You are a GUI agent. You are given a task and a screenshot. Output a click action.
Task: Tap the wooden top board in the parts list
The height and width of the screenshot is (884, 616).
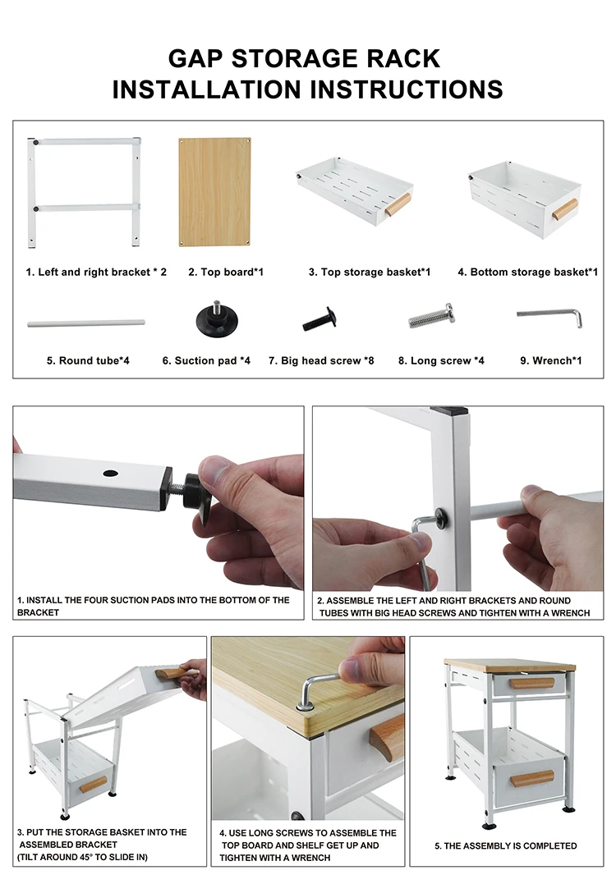pos(215,192)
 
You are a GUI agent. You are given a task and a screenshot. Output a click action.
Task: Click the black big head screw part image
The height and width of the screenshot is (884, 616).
pos(319,319)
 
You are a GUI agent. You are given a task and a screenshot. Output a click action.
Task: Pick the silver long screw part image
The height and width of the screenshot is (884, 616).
pos(431,316)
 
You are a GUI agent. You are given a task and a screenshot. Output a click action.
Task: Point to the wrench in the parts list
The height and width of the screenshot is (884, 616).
pos(550,316)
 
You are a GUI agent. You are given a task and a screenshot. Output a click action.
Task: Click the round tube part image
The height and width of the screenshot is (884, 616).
pos(85,323)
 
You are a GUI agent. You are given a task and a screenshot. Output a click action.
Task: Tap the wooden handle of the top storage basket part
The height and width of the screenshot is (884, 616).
pos(398,204)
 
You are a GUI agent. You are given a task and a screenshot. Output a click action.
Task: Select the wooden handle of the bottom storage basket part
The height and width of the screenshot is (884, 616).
pos(565,210)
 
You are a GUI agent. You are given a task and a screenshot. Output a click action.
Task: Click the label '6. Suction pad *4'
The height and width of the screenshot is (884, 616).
pos(206,361)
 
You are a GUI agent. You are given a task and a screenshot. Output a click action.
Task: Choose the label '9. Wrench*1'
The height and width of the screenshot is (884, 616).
pos(550,361)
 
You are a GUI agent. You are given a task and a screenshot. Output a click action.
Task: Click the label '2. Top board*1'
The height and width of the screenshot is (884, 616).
pos(226,273)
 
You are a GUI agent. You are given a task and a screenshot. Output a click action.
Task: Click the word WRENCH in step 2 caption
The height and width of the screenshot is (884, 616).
pos(569,613)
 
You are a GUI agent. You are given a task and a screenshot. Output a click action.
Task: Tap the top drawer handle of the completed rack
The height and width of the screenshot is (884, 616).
pos(531,684)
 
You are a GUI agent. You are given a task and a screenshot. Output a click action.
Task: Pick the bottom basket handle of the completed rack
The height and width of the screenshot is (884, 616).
pos(532,779)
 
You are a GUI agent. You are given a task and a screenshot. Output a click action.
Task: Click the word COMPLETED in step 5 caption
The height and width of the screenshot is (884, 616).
pos(550,845)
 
